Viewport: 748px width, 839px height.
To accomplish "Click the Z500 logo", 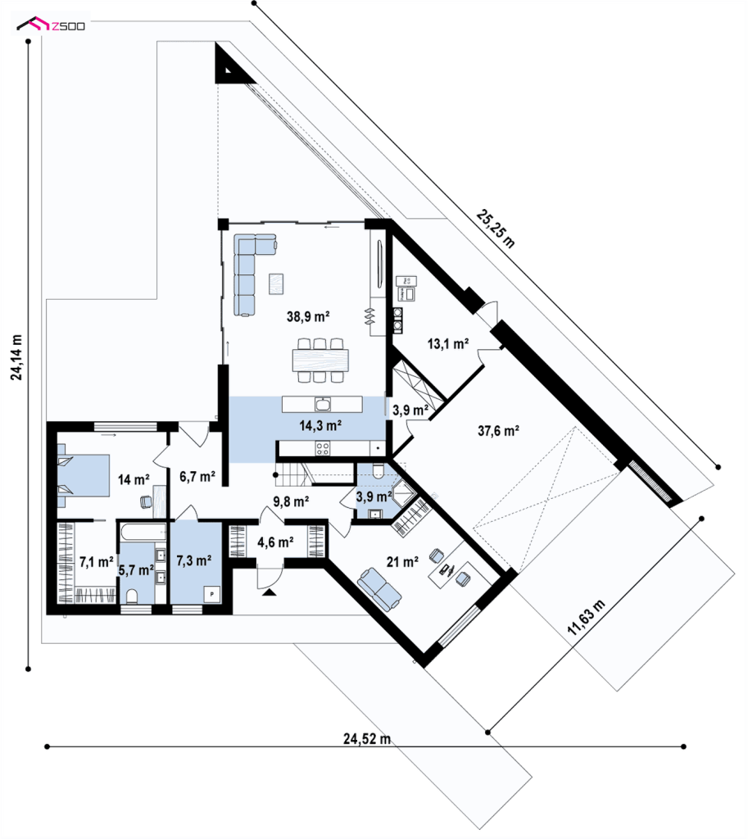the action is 50,24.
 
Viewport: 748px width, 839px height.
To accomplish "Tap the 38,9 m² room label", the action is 308,316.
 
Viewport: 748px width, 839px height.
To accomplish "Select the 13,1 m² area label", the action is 448,343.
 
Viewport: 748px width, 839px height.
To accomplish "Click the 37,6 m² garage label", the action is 498,430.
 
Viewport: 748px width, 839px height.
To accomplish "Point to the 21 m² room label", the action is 402,562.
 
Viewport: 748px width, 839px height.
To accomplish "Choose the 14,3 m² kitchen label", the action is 320,425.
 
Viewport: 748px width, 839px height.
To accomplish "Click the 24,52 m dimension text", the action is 367,739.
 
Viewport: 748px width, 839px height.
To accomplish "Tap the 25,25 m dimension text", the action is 496,229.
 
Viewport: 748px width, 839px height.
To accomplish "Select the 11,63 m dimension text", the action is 586,618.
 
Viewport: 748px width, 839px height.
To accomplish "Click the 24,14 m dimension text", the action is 17,357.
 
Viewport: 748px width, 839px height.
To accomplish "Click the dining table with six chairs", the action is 320,361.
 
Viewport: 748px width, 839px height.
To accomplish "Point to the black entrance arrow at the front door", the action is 269,592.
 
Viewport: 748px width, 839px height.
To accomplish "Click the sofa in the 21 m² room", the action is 379,589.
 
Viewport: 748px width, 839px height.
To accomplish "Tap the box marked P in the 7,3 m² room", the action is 212,595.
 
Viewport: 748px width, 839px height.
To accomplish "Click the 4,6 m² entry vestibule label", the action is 275,542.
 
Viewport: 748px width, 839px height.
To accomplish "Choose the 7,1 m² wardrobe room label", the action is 97,562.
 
